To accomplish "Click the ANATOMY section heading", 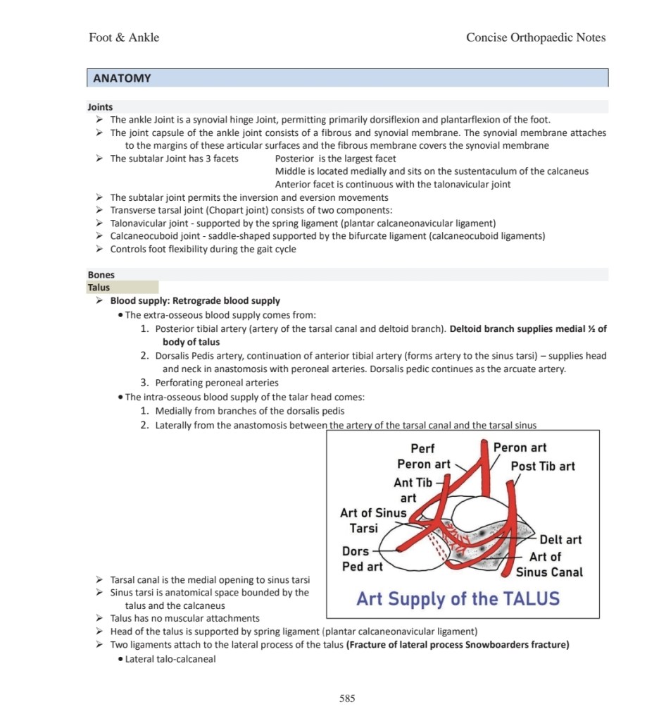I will tap(121, 78).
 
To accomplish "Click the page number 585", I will tap(347, 698).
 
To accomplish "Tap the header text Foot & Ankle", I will tap(124, 37).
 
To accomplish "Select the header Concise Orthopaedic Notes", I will tap(535, 37).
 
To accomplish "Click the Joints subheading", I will tap(100, 107).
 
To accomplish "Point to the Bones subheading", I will tap(101, 275).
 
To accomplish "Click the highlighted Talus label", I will tap(99, 288).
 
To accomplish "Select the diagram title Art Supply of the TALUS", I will tap(458, 599).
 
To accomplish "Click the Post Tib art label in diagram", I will tap(543, 466).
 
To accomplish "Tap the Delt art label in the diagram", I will tap(560, 540).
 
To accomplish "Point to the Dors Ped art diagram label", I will tap(362, 559).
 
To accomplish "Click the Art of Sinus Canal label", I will tap(549, 565).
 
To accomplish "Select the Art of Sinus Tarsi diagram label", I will tap(372, 521).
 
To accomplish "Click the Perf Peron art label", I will tap(423, 456).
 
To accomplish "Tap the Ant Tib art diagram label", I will tap(413, 490).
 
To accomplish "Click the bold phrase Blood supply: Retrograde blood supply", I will tap(195, 301).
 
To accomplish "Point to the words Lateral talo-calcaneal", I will tap(170, 659).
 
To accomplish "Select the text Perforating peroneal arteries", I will tap(217, 383).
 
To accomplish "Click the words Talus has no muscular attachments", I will tap(185, 618).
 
